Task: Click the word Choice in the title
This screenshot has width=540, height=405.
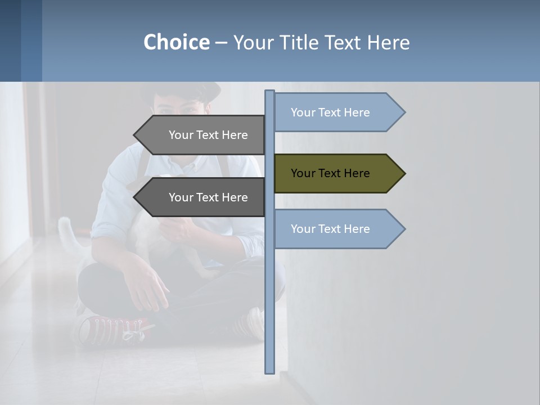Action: pos(176,42)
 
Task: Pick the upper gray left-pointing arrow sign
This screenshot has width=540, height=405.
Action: pos(202,135)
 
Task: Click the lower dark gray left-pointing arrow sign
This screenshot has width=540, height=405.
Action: pos(202,197)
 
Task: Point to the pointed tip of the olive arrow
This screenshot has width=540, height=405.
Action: pos(404,173)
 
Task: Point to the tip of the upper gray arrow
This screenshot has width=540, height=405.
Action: pos(135,135)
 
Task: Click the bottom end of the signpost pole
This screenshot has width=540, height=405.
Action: pos(269,371)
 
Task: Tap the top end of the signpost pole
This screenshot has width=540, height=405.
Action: pos(269,92)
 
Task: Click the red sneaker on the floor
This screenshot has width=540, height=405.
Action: pos(112,329)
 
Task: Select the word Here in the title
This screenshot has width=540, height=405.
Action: pos(389,42)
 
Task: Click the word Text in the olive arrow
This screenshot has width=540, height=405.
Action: pos(330,173)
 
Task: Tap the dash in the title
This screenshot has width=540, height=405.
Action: pos(221,42)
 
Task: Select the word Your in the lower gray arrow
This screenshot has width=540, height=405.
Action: pos(181,197)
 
